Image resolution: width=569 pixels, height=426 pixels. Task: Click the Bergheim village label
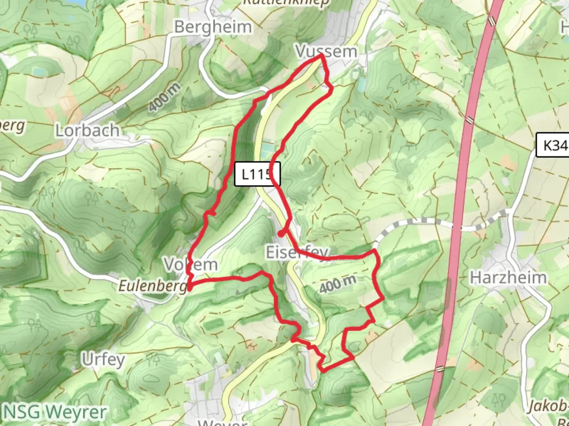coord(213,27)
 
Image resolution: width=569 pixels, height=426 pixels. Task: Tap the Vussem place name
coord(326,51)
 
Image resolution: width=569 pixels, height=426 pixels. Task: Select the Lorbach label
coord(87,131)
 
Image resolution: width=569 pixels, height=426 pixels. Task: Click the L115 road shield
coord(257,174)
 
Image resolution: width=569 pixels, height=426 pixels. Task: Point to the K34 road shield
coord(554,146)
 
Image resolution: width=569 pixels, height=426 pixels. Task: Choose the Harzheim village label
coord(508,278)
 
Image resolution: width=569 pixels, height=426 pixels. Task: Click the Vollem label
coord(191,264)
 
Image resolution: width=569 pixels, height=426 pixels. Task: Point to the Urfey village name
coord(103,359)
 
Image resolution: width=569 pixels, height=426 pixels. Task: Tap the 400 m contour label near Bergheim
coord(164,97)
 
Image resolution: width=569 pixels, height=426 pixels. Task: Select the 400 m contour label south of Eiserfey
coord(338,284)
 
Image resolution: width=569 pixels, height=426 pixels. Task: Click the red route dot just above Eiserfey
coord(281,234)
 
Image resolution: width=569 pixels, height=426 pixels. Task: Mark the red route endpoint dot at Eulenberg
coord(190,288)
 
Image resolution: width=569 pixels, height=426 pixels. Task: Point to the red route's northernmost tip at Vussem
coord(322,56)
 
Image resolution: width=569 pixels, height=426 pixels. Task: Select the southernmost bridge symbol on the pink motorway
coord(440,369)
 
